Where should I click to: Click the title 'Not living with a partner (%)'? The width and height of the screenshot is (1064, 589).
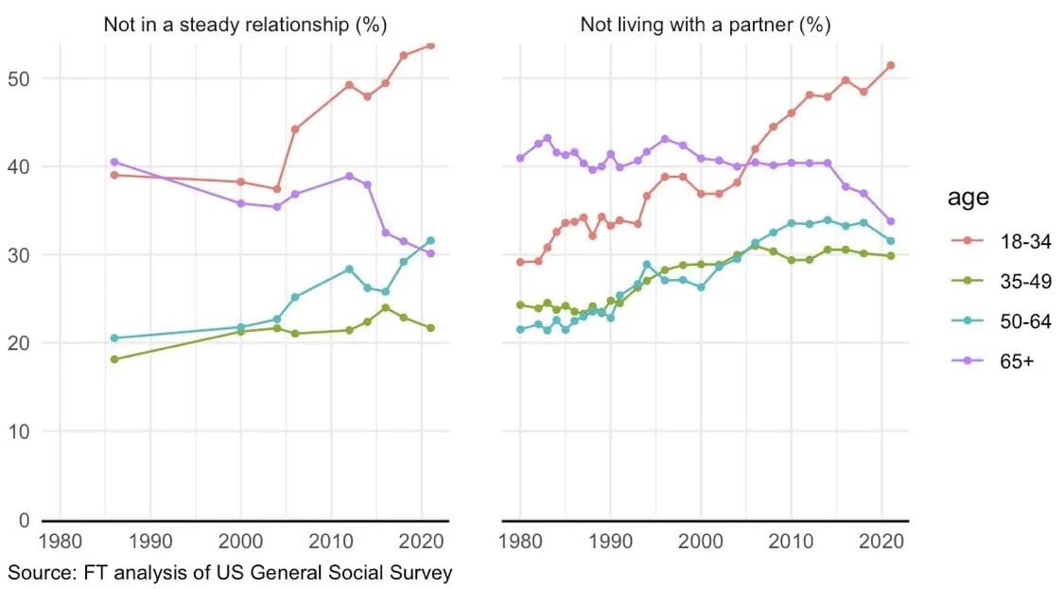pos(705,25)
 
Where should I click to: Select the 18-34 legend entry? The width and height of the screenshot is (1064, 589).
pos(1025,241)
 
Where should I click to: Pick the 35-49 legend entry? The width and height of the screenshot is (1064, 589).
pos(1025,282)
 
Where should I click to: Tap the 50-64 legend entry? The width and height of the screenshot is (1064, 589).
pos(1025,322)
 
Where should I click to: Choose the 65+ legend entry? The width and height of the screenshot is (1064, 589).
pos(1018,363)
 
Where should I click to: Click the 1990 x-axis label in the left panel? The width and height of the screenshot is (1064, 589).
pos(150,544)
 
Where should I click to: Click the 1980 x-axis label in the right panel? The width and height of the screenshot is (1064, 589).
pos(520,544)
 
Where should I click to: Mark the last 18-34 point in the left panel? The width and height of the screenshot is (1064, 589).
pos(430,44)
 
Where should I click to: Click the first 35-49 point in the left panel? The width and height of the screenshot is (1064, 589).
pos(114,359)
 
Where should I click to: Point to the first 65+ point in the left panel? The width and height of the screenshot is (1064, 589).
pos(114,162)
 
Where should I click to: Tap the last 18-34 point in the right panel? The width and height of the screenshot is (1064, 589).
pos(890,65)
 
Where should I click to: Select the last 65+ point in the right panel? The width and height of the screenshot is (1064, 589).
pos(890,221)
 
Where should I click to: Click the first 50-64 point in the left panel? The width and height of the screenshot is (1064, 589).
pos(114,338)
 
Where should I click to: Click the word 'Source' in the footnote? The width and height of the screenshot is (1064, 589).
pos(41,573)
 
